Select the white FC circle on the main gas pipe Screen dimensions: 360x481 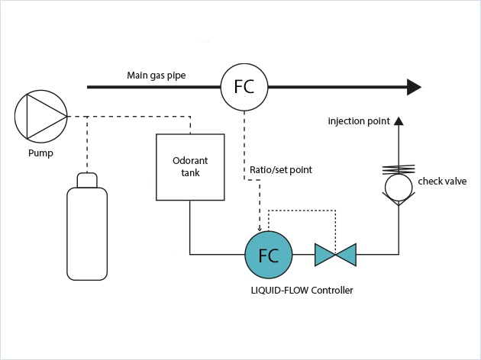tap(245, 86)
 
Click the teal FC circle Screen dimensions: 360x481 tap(268, 255)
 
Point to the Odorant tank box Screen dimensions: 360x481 tap(190, 167)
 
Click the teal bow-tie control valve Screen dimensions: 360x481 tap(335, 255)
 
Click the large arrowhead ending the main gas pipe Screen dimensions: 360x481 tap(414, 87)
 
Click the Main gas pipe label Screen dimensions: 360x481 tap(156, 75)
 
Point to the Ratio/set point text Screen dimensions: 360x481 tap(280, 169)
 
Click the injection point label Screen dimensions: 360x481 tap(359, 121)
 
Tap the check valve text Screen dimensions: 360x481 tap(442, 181)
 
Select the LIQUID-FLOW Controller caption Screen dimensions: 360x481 tap(302, 291)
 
